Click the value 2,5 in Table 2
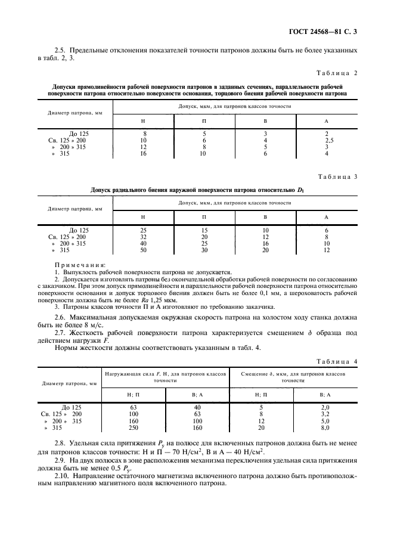click(327, 140)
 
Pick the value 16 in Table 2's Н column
click(143, 153)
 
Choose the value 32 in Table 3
click(143, 237)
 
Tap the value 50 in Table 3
click(143, 250)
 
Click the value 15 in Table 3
click(203, 230)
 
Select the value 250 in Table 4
click(133, 427)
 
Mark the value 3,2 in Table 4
click(326, 414)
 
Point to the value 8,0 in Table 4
click(326, 427)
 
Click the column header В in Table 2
click(265, 120)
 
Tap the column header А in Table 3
click(327, 217)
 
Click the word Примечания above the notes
click(80, 264)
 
